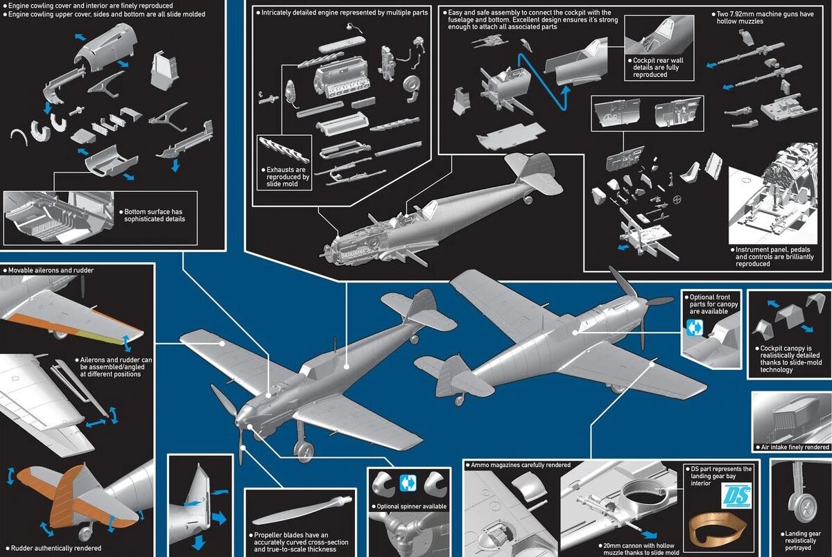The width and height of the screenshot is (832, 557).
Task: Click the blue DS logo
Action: coord(738,495)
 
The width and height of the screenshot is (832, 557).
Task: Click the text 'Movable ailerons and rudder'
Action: coord(51,270)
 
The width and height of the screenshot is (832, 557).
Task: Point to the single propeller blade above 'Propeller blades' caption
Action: coord(301,509)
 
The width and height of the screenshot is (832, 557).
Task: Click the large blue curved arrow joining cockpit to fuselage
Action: coord(543,82)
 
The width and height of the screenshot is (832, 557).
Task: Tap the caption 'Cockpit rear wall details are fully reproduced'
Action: coord(658,67)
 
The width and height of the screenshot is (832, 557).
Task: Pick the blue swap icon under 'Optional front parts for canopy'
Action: coord(695,327)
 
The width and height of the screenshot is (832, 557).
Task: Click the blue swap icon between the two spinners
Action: coord(408,484)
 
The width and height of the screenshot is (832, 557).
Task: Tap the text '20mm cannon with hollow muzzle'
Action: coord(639,549)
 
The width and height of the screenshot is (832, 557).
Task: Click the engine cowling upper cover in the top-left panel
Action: coord(106,46)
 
